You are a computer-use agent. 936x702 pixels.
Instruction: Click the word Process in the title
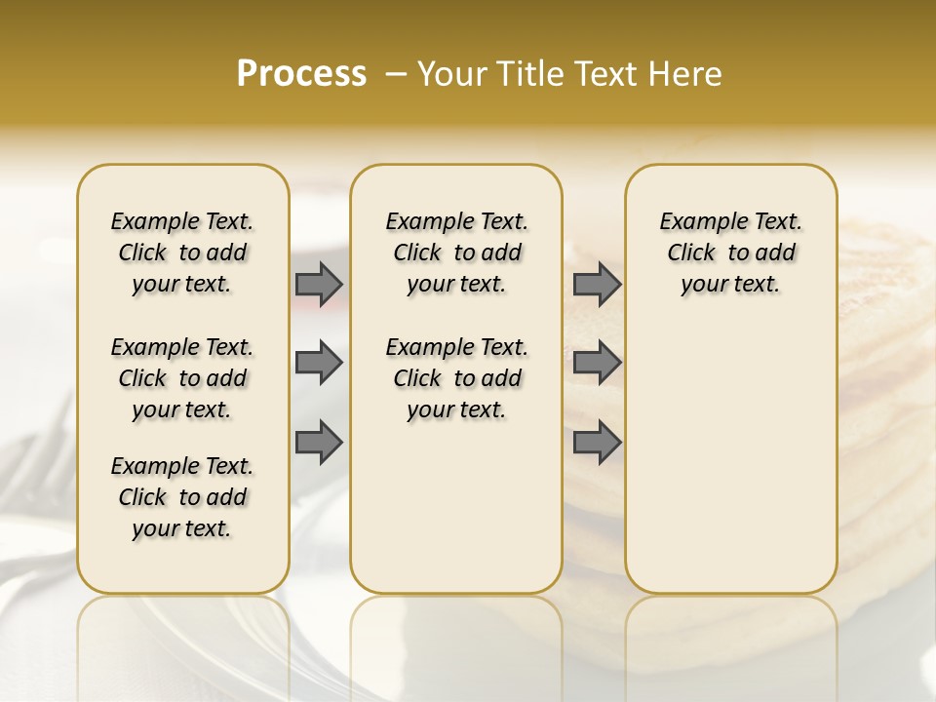click(x=301, y=74)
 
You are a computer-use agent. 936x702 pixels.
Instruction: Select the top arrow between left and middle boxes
click(x=319, y=284)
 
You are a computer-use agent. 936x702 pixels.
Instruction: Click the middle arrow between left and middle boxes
click(x=319, y=364)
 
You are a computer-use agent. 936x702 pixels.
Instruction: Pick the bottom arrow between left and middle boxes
click(x=319, y=443)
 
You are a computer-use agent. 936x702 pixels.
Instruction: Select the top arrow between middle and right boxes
click(x=597, y=284)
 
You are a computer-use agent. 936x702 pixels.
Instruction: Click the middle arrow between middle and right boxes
click(x=597, y=364)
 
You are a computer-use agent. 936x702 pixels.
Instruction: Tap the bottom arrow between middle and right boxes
click(x=597, y=443)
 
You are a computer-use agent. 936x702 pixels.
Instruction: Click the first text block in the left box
click(x=182, y=253)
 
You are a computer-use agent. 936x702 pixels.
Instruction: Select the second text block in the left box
click(x=182, y=378)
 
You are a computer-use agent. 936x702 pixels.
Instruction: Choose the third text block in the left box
click(x=182, y=497)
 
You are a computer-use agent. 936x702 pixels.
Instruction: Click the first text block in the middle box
click(x=456, y=253)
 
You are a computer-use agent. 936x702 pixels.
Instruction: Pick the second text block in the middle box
click(x=456, y=378)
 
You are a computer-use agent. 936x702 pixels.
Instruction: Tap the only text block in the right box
click(x=730, y=253)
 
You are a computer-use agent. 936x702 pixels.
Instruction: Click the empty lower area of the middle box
click(x=456, y=507)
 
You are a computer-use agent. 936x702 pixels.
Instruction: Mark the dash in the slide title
click(x=396, y=74)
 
